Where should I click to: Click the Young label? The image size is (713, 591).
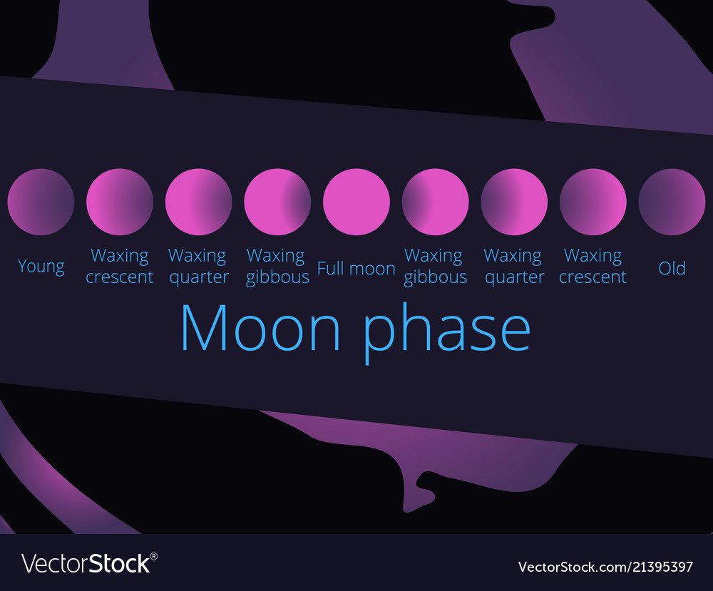click(x=41, y=267)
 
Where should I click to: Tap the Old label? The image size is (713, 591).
click(x=672, y=268)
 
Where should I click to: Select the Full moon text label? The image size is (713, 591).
click(x=356, y=268)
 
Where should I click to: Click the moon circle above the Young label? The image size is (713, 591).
click(x=41, y=202)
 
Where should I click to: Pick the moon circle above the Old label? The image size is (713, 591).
click(x=672, y=202)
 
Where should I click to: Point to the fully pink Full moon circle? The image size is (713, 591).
click(x=356, y=202)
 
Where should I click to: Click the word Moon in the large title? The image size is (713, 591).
click(x=260, y=327)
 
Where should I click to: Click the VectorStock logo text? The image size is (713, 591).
click(x=86, y=563)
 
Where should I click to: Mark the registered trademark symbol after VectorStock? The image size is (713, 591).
click(x=154, y=555)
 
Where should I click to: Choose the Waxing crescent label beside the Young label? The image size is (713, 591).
click(x=120, y=266)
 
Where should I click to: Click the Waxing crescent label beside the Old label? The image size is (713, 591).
click(x=593, y=266)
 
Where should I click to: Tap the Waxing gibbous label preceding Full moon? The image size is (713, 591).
click(x=277, y=266)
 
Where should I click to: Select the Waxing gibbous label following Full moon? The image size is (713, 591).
click(x=435, y=266)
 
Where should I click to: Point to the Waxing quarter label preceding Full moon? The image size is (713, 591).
click(x=198, y=266)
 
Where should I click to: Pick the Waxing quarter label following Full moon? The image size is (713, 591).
click(x=514, y=266)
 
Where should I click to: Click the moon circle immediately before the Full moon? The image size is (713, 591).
click(x=277, y=202)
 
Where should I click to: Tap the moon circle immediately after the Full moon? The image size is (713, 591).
click(x=435, y=202)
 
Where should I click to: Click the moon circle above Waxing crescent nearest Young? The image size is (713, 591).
click(x=120, y=202)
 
